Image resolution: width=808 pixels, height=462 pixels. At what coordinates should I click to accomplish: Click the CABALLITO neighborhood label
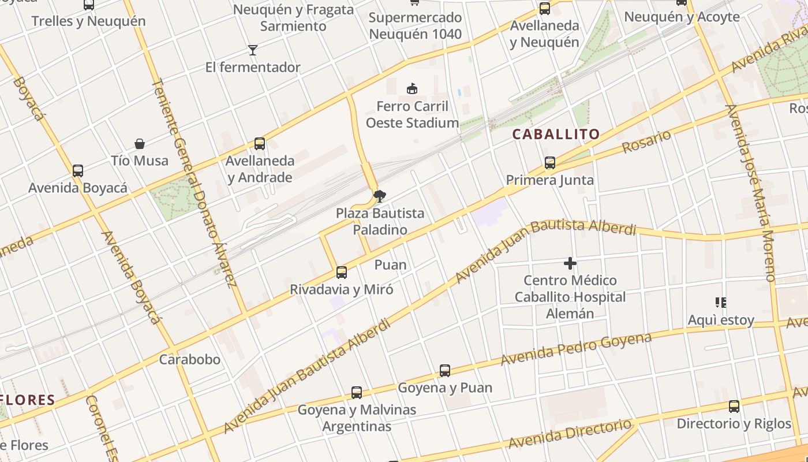[556, 134]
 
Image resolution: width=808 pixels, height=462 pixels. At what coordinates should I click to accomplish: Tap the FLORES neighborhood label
[28, 400]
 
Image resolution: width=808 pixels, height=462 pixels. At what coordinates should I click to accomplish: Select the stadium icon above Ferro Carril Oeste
[412, 88]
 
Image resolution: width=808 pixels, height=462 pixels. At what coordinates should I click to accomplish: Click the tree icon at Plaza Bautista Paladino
[379, 196]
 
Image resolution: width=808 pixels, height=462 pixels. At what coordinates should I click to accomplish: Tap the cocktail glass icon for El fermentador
[252, 50]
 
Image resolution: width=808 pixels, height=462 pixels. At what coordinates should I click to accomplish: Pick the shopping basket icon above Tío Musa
[139, 143]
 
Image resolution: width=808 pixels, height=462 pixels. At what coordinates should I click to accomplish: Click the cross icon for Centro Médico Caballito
[570, 263]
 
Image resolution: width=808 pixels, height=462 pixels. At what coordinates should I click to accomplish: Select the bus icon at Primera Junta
[549, 163]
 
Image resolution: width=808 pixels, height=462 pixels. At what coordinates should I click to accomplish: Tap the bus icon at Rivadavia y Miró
[342, 272]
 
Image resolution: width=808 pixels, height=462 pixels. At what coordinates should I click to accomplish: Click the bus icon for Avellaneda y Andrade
[260, 143]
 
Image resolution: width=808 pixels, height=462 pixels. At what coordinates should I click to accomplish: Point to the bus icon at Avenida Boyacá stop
[77, 171]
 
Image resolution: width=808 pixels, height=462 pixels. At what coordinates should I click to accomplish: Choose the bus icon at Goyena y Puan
[444, 370]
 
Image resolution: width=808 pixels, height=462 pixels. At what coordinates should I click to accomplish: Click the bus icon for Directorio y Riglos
[734, 406]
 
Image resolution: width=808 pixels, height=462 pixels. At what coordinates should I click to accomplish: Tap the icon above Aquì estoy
[720, 302]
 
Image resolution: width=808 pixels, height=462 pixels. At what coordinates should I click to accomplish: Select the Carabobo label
[189, 359]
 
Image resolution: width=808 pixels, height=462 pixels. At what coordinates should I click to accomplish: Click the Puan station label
[390, 264]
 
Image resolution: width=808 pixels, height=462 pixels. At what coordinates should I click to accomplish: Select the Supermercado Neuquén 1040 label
[415, 25]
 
